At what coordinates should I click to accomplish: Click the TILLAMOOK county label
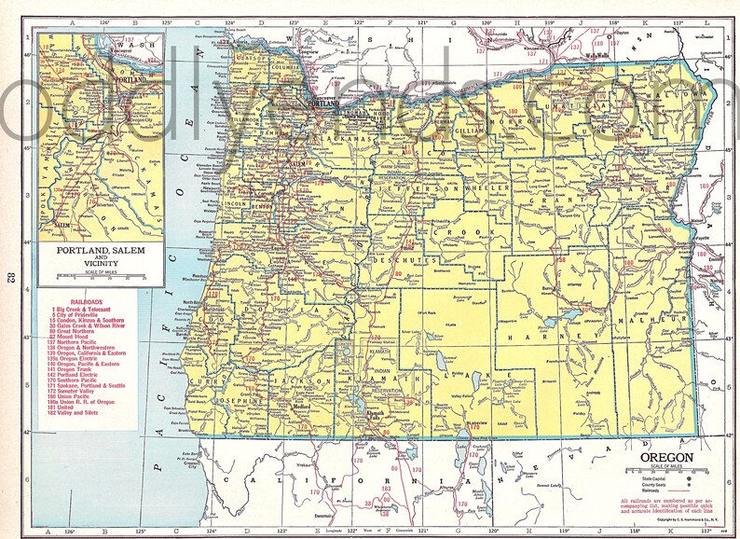click(x=243, y=119)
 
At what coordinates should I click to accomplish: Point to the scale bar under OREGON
click(x=665, y=471)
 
